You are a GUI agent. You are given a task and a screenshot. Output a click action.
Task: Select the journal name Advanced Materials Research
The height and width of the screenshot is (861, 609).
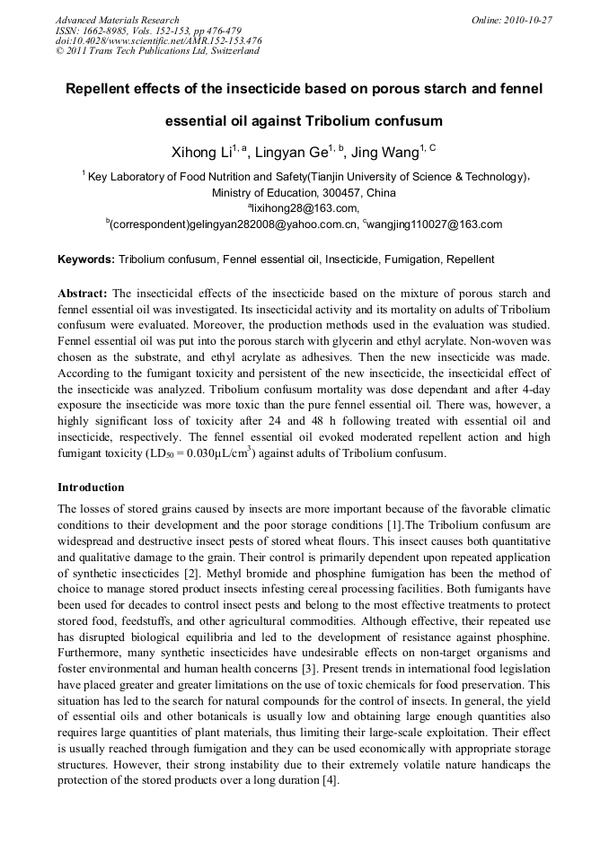coord(117,20)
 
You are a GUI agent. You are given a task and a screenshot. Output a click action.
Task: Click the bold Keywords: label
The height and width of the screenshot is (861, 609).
coord(86,259)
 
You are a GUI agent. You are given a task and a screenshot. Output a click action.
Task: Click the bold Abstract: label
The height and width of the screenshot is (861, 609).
coord(83,294)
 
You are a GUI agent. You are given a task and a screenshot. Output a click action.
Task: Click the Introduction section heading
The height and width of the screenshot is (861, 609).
coord(91,488)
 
